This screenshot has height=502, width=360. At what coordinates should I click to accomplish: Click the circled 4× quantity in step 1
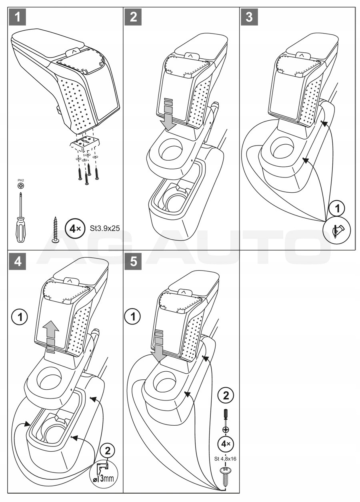tap(75, 229)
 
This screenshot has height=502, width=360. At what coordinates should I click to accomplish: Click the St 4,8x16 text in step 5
tap(226, 459)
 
